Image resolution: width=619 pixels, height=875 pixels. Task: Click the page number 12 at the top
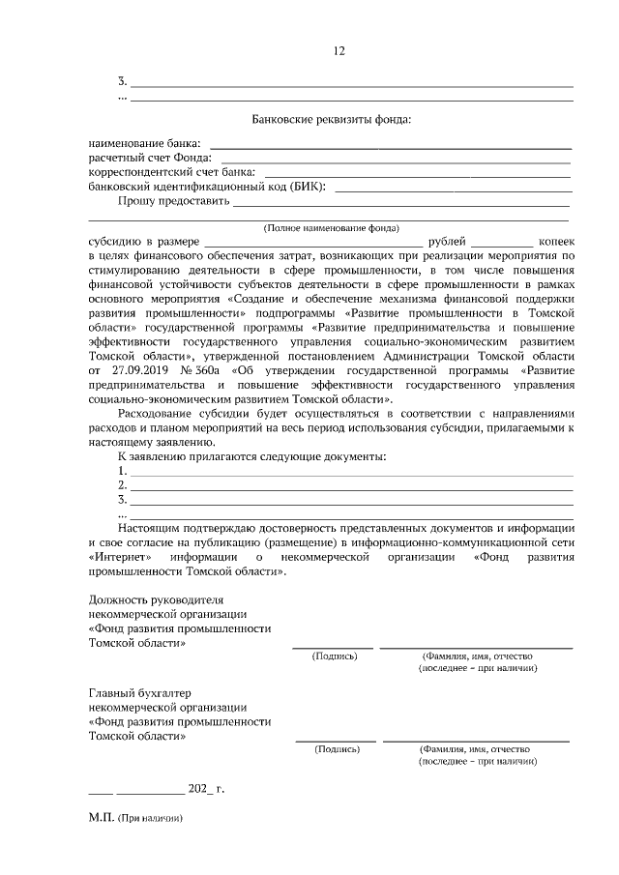pyautogui.click(x=339, y=51)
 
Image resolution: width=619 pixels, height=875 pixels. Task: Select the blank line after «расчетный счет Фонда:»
pyautogui.click(x=396, y=159)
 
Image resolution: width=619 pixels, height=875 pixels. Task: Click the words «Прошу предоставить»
pyautogui.click(x=172, y=202)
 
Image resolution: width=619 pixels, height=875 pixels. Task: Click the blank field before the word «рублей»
pyautogui.click(x=313, y=242)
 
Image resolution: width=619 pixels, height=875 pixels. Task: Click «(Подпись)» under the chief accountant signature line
pyautogui.click(x=336, y=748)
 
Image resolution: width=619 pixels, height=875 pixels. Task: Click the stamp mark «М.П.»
pyautogui.click(x=101, y=818)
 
